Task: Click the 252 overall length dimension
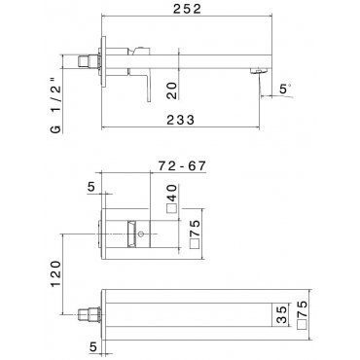click(x=187, y=9)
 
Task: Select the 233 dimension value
click(x=181, y=120)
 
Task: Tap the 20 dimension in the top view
click(x=172, y=90)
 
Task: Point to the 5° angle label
click(x=284, y=89)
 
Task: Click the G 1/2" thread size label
click(x=55, y=106)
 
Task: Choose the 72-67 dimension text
click(x=182, y=165)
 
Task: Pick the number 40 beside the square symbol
click(x=172, y=193)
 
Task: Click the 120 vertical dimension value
click(x=55, y=273)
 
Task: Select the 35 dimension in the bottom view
click(x=282, y=314)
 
